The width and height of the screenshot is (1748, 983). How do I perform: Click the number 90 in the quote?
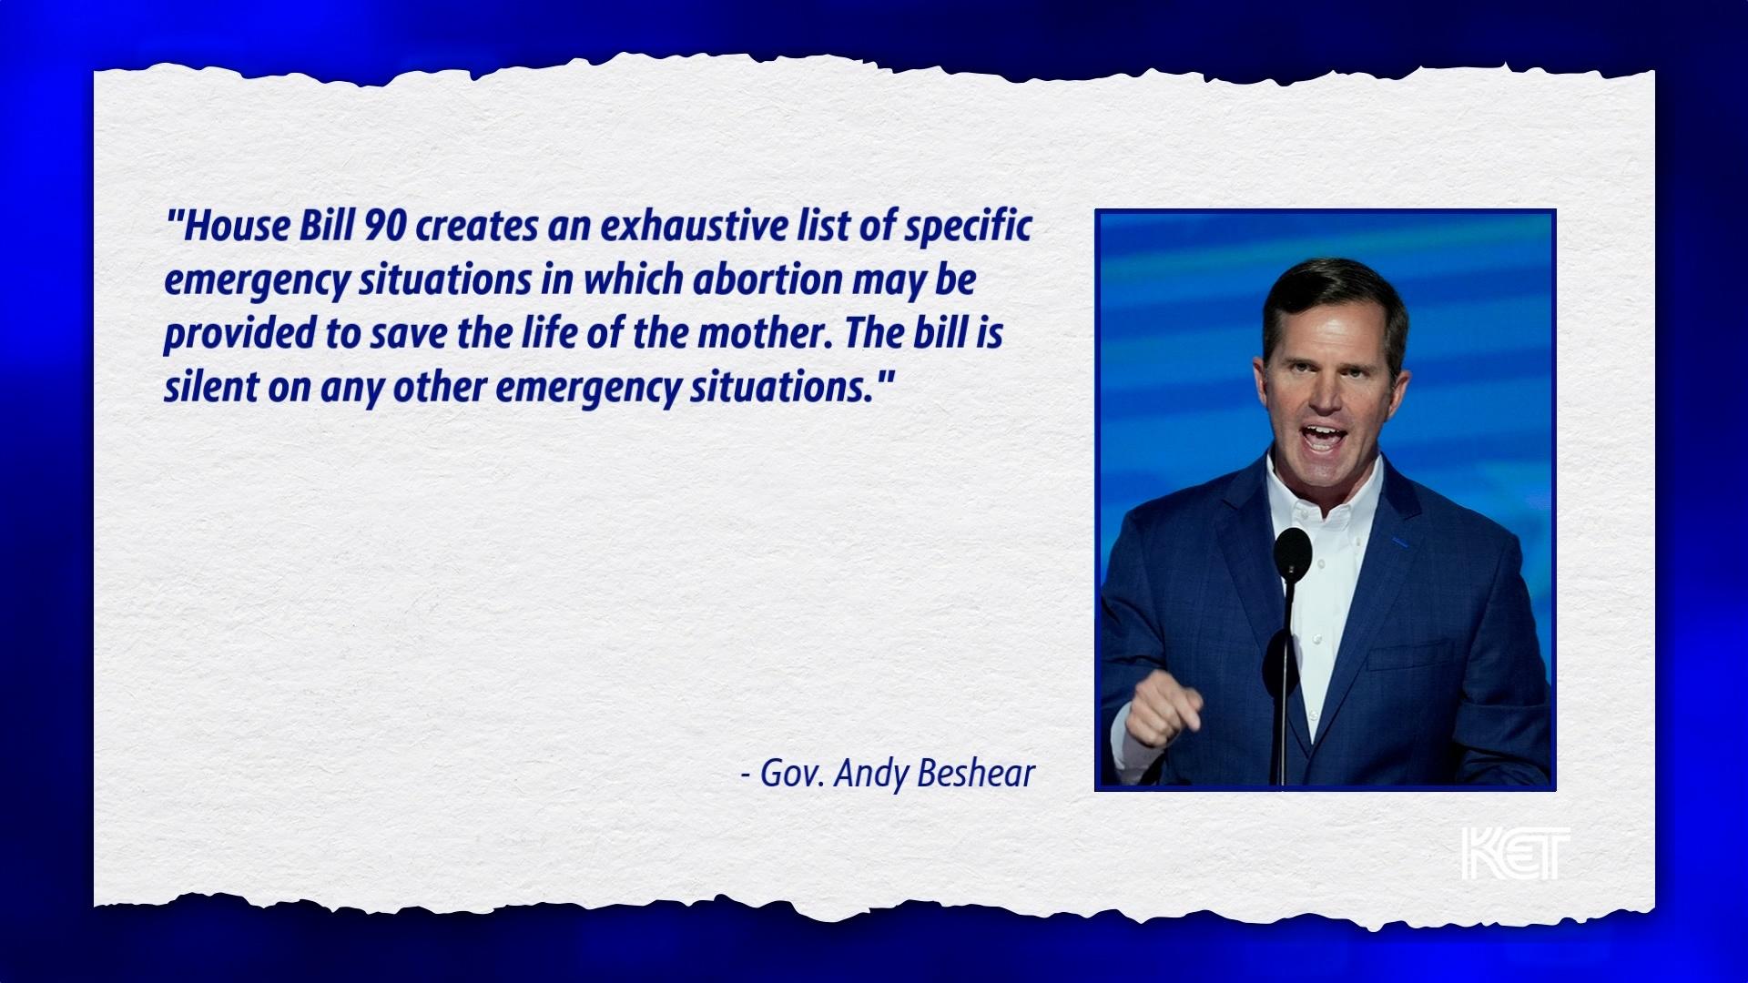coord(384,226)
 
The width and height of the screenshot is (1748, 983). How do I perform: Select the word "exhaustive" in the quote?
coord(693,226)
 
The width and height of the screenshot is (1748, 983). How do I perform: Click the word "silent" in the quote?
coord(210,387)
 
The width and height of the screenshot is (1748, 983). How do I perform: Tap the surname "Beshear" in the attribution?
coord(976,774)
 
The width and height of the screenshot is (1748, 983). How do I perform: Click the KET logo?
coord(1515,854)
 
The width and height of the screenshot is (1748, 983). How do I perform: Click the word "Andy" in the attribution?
coord(871,775)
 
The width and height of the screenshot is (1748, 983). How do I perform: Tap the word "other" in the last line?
coord(441,387)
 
